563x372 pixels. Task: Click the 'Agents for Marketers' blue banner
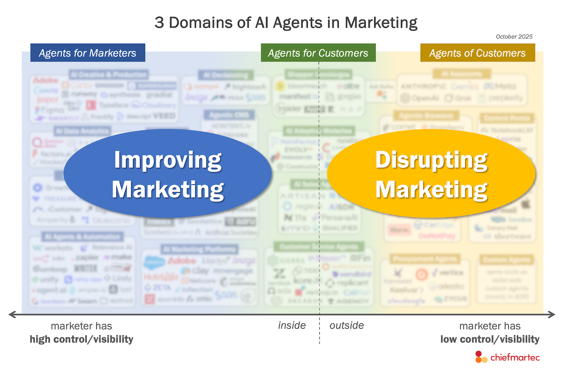pos(88,53)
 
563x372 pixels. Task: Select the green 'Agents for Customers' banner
pos(318,53)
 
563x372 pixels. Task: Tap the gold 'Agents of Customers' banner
pos(477,53)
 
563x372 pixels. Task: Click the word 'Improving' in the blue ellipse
pos(168,160)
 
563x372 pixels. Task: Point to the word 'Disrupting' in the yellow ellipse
pos(432,160)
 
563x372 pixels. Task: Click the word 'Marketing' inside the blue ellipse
pos(168,190)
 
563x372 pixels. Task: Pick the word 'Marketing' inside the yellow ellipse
pos(432,190)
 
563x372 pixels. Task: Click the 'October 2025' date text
pos(514,37)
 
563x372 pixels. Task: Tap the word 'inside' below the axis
pos(292,326)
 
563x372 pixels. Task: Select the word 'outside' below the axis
pos(346,326)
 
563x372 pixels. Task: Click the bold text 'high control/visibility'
pos(82,340)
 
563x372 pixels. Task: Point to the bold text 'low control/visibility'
pos(490,340)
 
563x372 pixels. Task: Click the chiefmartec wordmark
pos(515,357)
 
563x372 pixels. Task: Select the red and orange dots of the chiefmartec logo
pos(481,357)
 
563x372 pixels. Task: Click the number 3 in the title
pos(159,23)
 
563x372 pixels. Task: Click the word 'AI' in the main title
pos(262,23)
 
